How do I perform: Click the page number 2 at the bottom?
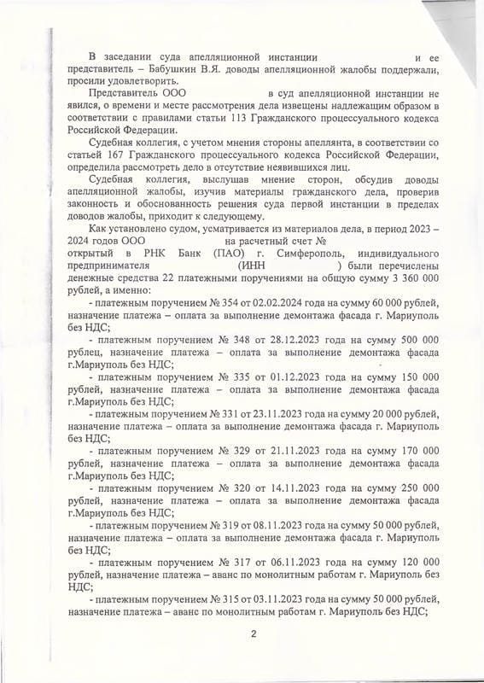click(254, 633)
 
